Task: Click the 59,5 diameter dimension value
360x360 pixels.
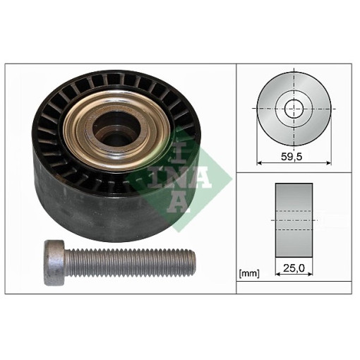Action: [x=292, y=157]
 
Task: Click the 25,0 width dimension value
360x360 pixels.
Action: [x=294, y=268]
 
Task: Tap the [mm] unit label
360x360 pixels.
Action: [x=249, y=274]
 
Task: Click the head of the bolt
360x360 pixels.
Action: [x=54, y=263]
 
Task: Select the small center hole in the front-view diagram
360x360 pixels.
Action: [x=294, y=109]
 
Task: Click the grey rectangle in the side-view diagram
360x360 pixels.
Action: [x=294, y=220]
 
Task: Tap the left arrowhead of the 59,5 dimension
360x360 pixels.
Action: [x=259, y=162]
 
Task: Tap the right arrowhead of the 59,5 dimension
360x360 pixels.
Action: [x=329, y=162]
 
